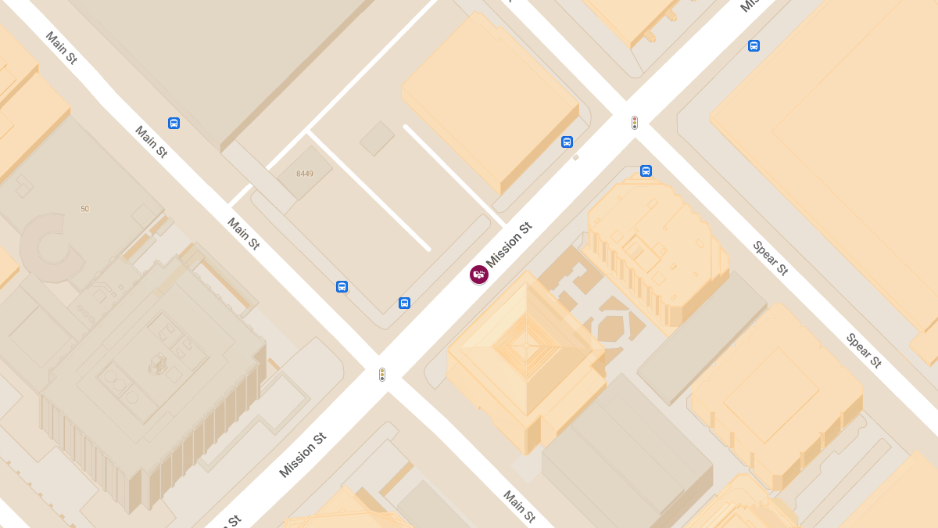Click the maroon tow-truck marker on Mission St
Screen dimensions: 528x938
(479, 275)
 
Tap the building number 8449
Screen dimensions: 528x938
(305, 174)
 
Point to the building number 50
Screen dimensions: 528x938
(84, 209)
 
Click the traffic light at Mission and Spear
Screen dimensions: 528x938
(635, 123)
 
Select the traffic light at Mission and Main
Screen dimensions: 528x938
(382, 375)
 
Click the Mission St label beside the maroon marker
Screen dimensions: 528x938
(509, 244)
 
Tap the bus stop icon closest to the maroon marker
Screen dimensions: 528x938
(404, 303)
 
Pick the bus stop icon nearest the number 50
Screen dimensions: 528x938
(174, 123)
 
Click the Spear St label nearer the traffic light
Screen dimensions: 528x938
(771, 258)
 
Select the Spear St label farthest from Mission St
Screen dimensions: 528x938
(864, 350)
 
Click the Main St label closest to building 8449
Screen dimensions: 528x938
(243, 234)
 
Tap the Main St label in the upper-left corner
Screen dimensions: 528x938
(61, 48)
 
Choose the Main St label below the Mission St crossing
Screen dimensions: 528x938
(519, 506)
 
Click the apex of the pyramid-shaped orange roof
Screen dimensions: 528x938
(527, 344)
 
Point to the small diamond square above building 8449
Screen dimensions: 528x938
(377, 138)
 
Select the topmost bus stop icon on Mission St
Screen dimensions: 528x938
(754, 45)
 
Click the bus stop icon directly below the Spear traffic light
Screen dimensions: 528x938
(646, 171)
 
